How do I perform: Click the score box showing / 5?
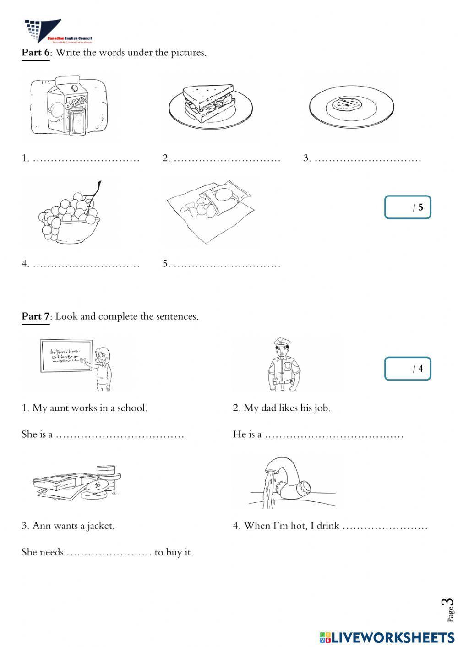(x=407, y=207)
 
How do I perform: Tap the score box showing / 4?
(x=407, y=369)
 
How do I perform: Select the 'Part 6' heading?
(x=35, y=53)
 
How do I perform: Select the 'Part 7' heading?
(x=35, y=316)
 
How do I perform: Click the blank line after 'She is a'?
(x=120, y=435)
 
